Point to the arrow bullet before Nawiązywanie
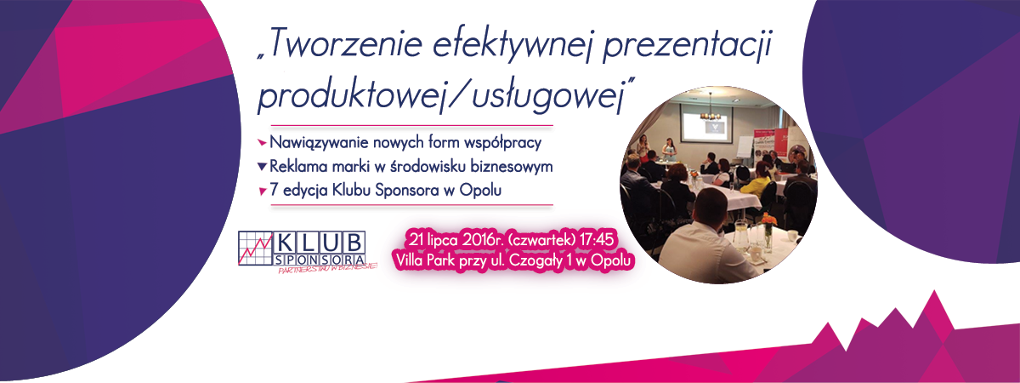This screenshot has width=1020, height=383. (262, 143)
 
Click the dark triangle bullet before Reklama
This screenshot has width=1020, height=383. (262, 167)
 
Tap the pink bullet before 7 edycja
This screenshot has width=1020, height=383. (262, 191)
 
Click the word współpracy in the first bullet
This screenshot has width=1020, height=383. (502, 143)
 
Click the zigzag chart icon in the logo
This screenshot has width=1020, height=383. (256, 249)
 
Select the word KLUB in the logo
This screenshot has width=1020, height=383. (320, 243)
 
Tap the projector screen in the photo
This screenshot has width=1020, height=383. (706, 123)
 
